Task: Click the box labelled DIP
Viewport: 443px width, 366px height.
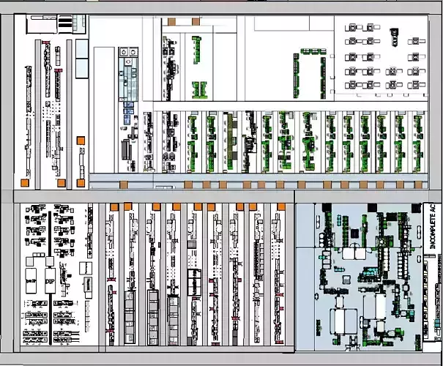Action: click(x=50, y=281)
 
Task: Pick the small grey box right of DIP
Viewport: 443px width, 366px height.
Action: click(x=85, y=284)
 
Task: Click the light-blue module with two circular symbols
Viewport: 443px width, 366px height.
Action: click(x=129, y=53)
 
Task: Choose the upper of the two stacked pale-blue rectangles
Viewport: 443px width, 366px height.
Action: click(x=81, y=49)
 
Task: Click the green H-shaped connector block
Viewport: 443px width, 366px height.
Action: click(x=198, y=90)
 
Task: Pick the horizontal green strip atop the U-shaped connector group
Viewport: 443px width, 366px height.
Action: click(x=308, y=53)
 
